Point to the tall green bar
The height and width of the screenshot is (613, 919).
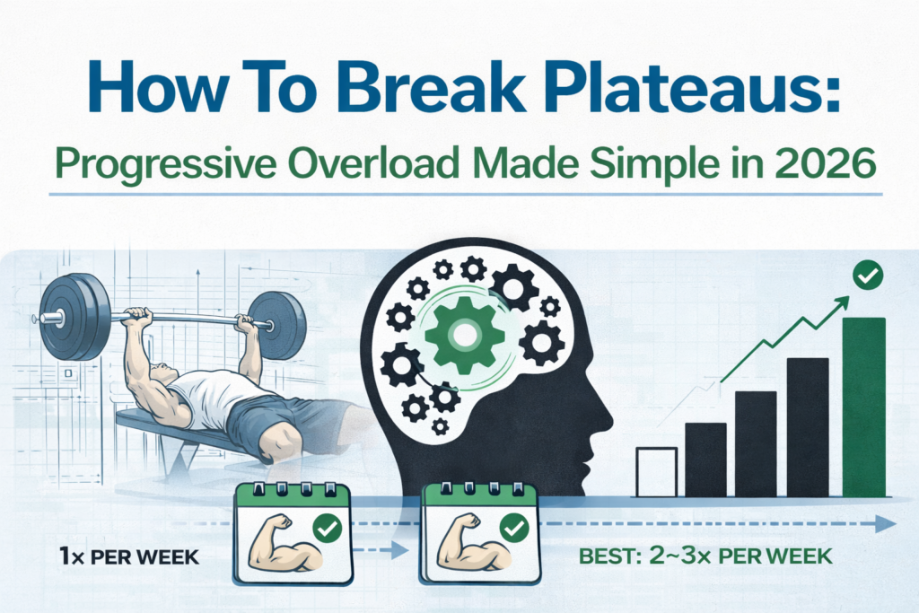pos(863,407)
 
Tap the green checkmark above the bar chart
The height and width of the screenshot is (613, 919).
pos(868,276)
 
